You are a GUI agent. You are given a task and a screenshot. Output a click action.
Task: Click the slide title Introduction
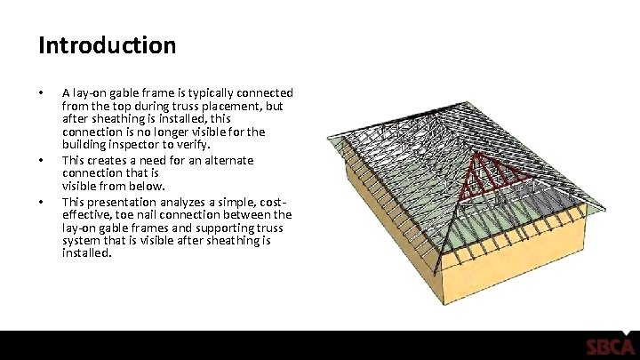(107, 44)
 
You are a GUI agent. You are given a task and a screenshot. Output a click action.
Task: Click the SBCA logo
(609, 347)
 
